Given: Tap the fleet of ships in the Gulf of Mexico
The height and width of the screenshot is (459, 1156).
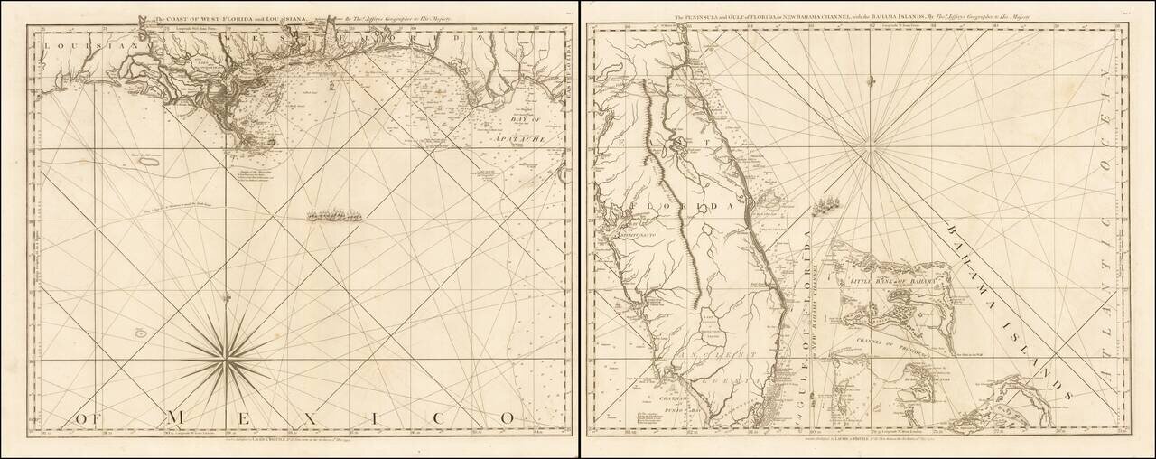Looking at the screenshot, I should point(336,216).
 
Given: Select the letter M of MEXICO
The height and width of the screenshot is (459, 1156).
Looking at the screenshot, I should point(177,417).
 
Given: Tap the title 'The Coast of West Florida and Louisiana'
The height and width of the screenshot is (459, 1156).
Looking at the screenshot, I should point(231,18).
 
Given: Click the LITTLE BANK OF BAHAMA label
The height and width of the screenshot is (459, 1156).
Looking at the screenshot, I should point(890,283).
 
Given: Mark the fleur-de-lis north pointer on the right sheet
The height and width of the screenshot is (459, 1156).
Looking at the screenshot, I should point(871,80).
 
